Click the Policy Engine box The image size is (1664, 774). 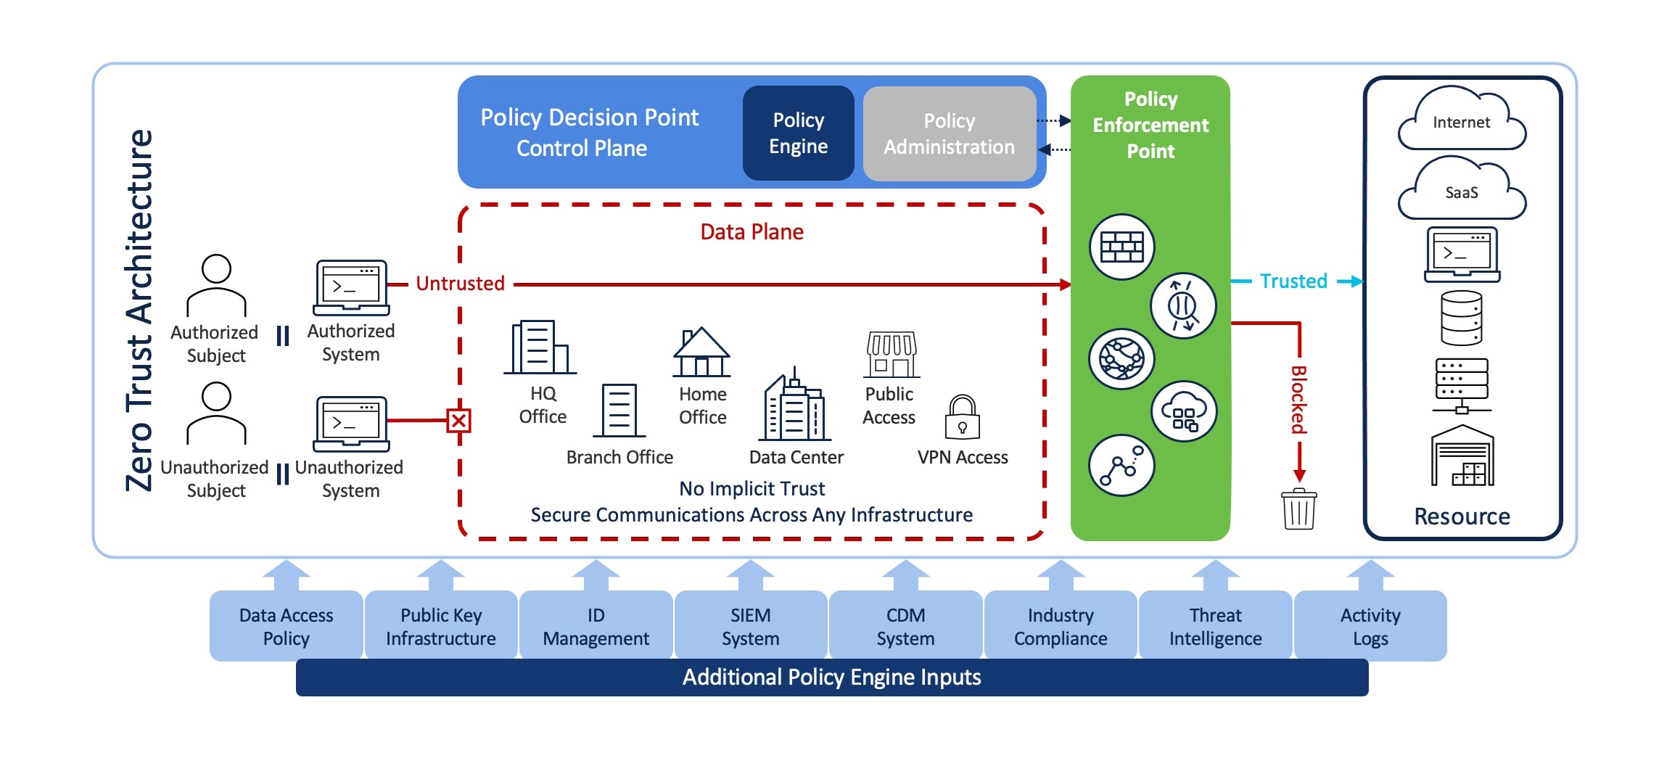798,133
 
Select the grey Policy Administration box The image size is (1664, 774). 949,133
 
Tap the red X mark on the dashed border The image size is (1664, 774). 458,421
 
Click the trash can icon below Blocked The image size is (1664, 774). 1298,509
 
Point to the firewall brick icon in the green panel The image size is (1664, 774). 1121,247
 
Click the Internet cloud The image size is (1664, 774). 1461,121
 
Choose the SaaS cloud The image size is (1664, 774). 1461,191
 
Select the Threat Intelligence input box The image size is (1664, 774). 1215,626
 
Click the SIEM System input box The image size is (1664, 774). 750,626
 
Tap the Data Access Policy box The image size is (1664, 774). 286,626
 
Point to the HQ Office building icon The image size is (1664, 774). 540,347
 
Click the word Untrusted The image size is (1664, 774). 460,284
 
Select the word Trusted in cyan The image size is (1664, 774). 1293,281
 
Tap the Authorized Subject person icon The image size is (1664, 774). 216,285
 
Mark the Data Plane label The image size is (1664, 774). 751,232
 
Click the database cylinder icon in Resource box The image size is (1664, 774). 1461,318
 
